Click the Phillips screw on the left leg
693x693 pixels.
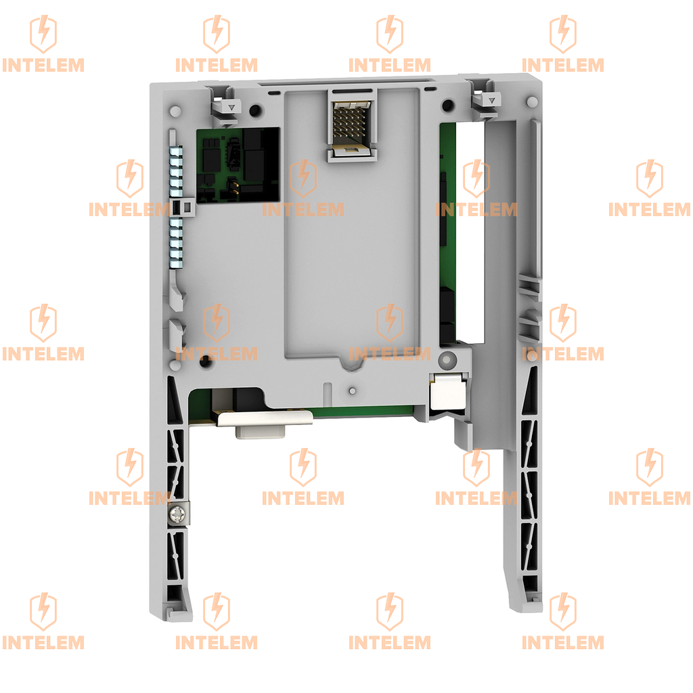[179, 514]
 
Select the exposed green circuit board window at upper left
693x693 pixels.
[238, 166]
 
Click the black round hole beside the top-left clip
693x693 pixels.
[255, 110]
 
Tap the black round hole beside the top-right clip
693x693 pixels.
[447, 105]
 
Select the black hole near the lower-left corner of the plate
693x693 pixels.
[204, 361]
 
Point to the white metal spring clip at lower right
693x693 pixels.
[448, 390]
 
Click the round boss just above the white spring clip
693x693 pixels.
[447, 360]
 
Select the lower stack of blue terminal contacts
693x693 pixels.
[176, 243]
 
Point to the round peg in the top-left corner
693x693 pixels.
[175, 110]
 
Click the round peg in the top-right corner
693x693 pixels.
[532, 103]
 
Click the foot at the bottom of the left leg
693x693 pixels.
[179, 612]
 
